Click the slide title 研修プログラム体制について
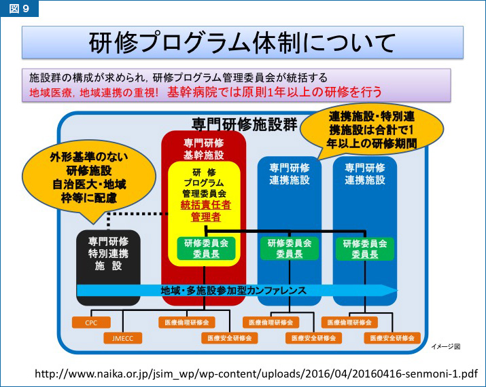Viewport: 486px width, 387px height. [x=242, y=43]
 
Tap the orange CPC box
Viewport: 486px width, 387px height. [x=92, y=322]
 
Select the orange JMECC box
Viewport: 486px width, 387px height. [x=122, y=337]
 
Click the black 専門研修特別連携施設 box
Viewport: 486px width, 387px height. [x=109, y=254]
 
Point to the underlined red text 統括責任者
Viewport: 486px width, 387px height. [x=205, y=204]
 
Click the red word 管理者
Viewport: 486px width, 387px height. [x=205, y=217]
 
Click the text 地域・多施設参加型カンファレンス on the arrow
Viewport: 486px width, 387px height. [x=233, y=290]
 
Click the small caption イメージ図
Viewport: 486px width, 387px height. [x=446, y=346]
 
